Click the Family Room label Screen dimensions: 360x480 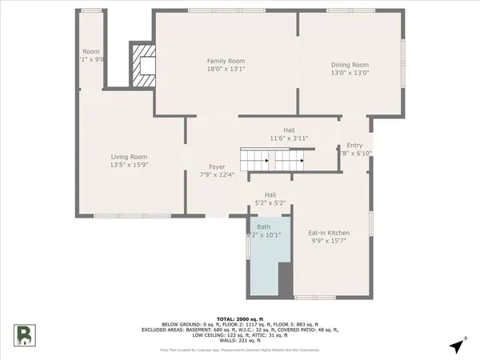click(x=226, y=61)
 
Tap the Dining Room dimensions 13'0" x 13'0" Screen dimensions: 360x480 click(x=350, y=74)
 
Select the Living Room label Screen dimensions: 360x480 click(x=129, y=156)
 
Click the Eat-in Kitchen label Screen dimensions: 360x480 click(x=329, y=233)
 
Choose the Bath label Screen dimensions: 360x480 click(x=263, y=227)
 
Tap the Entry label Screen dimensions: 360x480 click(x=354, y=145)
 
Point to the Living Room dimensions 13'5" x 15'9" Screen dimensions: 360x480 click(x=129, y=165)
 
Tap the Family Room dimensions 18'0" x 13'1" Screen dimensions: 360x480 click(x=226, y=70)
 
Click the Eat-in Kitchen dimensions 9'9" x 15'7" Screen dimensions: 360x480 click(x=329, y=242)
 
